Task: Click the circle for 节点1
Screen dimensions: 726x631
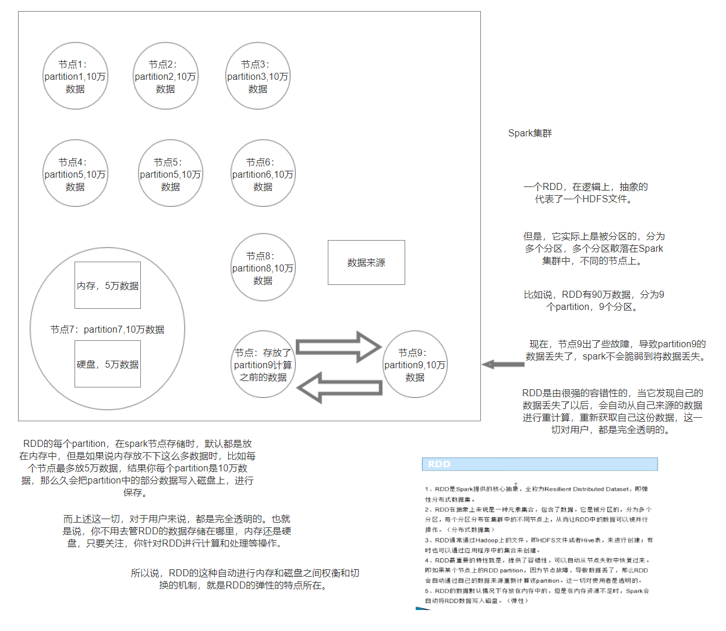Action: pos(75,76)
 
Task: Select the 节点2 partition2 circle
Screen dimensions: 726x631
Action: pos(165,76)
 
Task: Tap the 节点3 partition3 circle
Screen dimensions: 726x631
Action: pos(258,76)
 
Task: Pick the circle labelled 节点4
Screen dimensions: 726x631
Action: pos(75,174)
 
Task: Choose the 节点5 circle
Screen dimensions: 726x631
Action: pos(171,174)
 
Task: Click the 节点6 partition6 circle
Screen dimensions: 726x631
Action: pos(263,174)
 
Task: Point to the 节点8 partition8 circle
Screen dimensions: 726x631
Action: pos(263,268)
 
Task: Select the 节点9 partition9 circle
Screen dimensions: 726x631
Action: pos(415,365)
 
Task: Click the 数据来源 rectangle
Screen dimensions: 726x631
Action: pos(366,263)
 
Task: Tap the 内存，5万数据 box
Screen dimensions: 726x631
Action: pos(108,285)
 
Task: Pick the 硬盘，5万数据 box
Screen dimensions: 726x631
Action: pos(108,365)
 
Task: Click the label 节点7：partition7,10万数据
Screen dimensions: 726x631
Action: pos(107,330)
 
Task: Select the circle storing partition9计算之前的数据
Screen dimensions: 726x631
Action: pos(263,365)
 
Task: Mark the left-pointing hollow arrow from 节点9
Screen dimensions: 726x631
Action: pos(340,387)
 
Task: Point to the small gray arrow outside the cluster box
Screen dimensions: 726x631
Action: pos(503,365)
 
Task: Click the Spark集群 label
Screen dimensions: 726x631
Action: pos(530,133)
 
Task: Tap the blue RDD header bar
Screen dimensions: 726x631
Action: pos(540,464)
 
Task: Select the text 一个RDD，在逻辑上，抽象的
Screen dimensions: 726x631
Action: pos(585,187)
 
